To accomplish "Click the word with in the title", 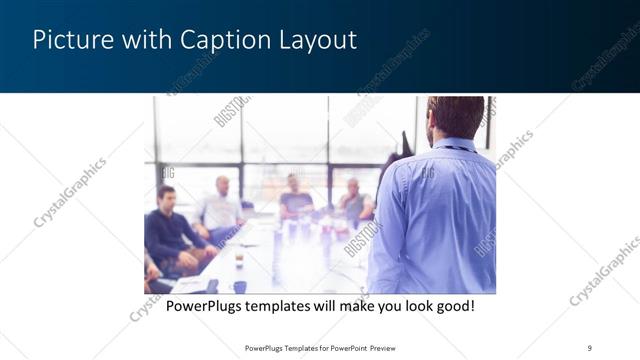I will click(142, 41).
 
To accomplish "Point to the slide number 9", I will click(589, 347).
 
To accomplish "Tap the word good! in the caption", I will click(452, 305).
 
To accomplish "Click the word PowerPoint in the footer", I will click(345, 348).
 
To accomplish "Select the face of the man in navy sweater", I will click(166, 196).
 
